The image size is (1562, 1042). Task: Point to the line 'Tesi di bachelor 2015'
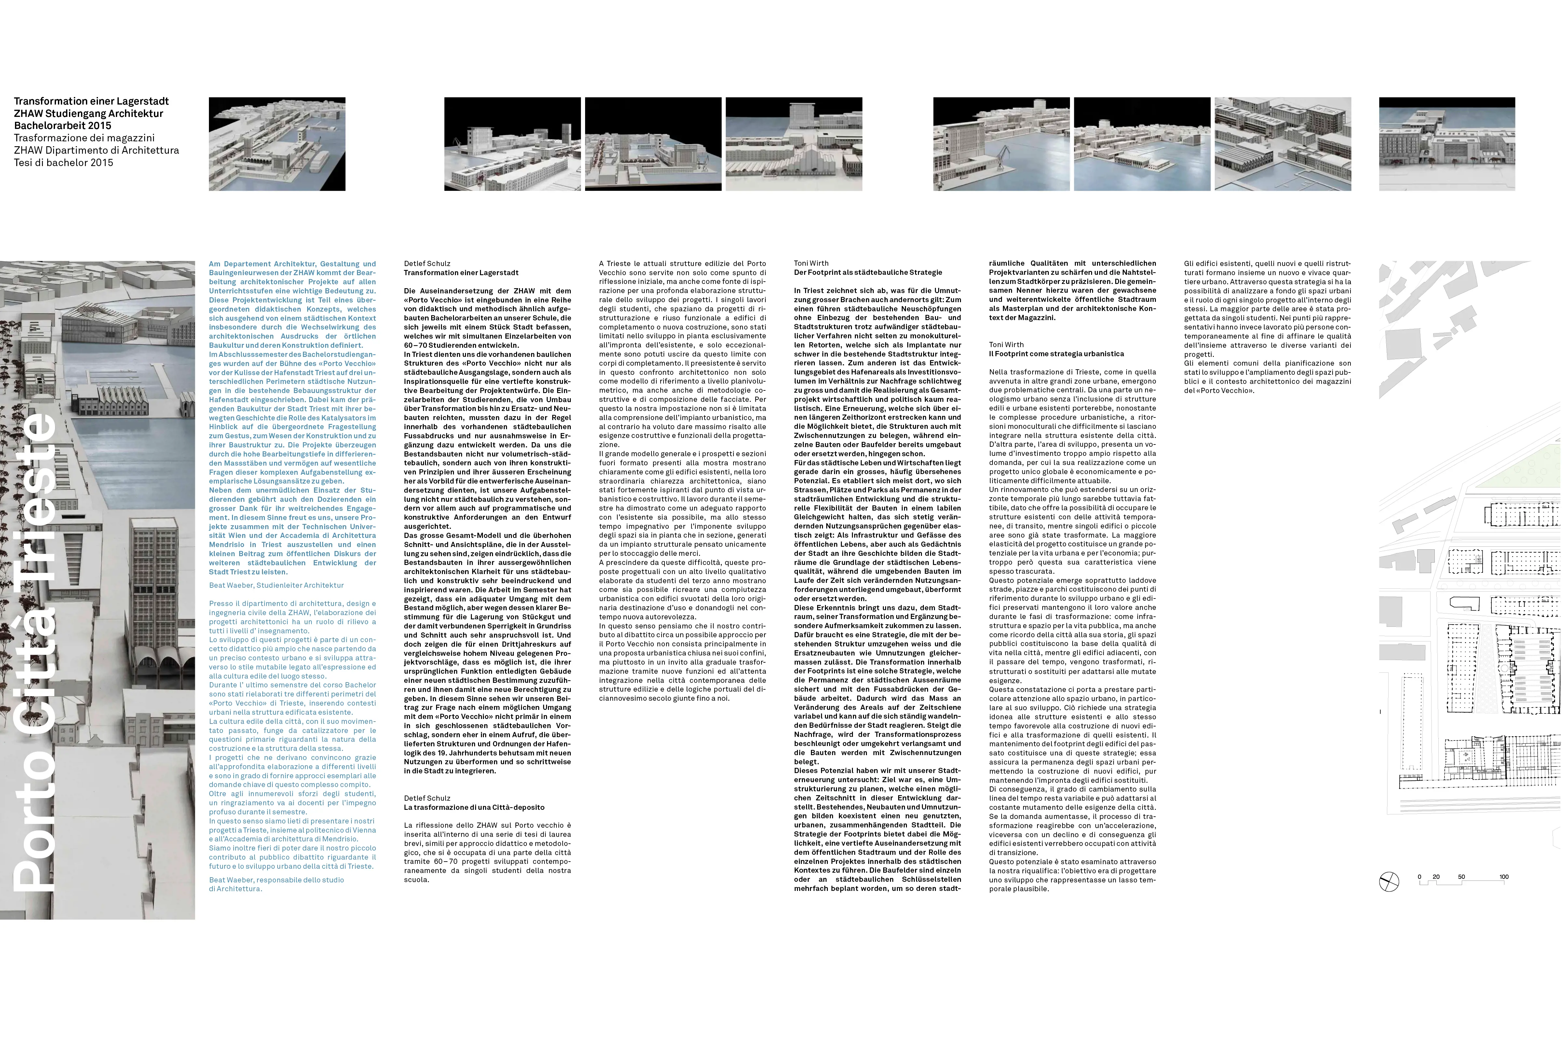64,163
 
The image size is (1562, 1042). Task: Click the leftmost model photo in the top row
277,144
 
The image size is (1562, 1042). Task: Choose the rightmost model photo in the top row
1446,144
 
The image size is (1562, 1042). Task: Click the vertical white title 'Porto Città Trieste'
36,651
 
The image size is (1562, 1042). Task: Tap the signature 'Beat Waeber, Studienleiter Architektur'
276,585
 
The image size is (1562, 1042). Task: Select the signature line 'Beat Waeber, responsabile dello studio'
276,880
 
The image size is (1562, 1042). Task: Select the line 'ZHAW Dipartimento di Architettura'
96,150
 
